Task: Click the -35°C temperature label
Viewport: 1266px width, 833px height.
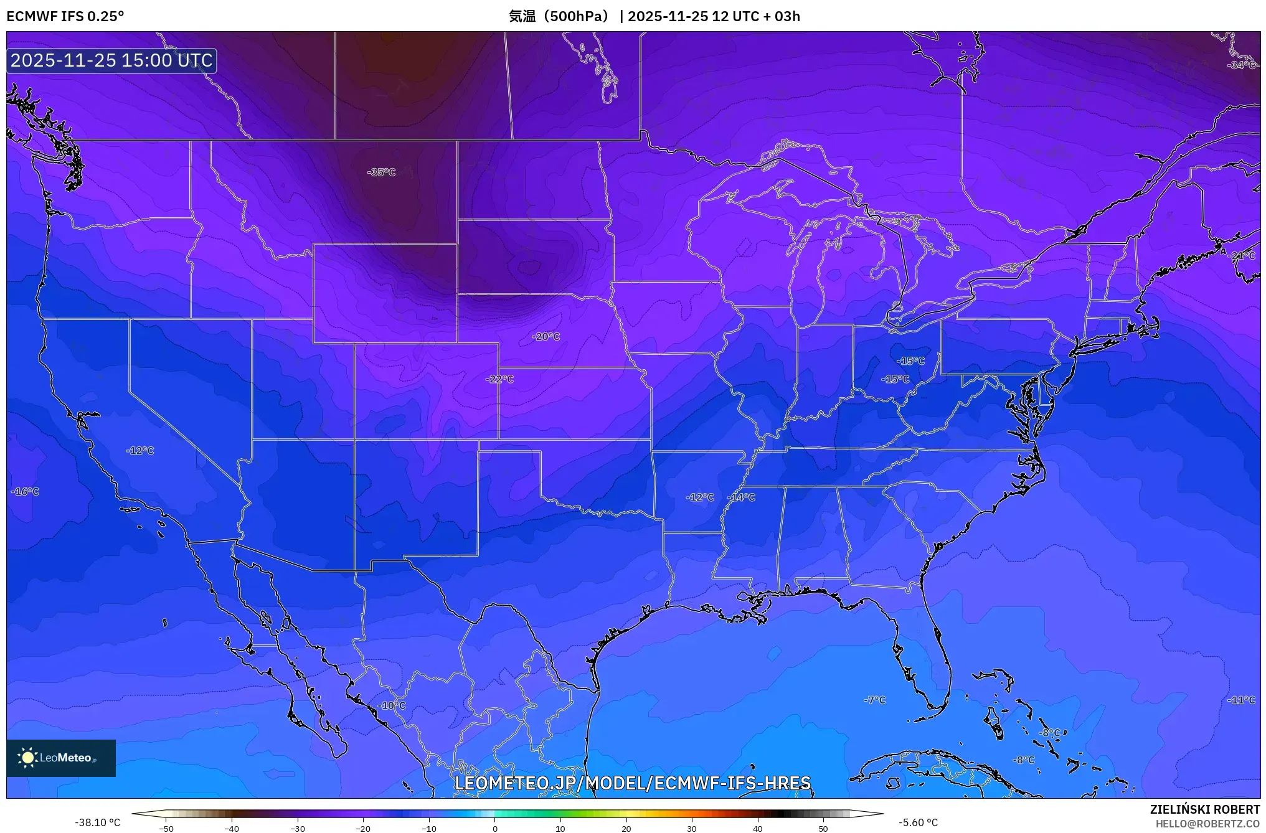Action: [381, 172]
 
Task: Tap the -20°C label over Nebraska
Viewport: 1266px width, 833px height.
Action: [546, 336]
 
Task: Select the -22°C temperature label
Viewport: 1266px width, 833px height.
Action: [499, 379]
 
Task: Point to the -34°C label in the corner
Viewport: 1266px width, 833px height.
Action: [1241, 65]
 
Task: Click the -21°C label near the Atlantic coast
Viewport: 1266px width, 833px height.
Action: [1242, 255]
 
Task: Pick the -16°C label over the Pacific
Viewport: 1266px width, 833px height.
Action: [25, 491]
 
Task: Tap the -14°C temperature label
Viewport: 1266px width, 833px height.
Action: [741, 497]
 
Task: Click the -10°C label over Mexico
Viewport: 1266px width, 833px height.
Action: [392, 705]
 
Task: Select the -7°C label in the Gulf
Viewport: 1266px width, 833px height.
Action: [874, 700]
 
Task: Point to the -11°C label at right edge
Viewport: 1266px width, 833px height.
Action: [1241, 700]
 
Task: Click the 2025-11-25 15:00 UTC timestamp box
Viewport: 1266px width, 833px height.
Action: [111, 60]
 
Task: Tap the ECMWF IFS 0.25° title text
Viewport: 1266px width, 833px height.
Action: [65, 16]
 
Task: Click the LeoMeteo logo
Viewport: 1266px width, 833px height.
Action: [61, 758]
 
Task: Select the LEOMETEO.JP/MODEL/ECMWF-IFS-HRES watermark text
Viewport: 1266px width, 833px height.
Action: [633, 783]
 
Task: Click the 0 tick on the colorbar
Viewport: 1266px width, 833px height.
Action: [495, 828]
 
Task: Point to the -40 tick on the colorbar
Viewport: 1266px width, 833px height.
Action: [232, 828]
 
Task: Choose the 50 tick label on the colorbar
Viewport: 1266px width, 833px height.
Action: [823, 828]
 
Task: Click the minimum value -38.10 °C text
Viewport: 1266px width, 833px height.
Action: [98, 822]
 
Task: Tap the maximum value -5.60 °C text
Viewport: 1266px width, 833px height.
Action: [918, 822]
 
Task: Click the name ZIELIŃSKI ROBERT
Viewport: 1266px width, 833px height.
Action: [1204, 809]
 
